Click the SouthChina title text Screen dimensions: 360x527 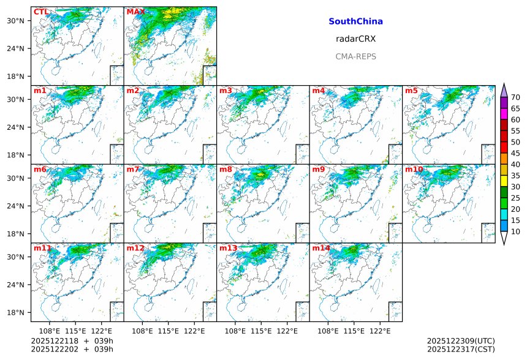pyautogui.click(x=355, y=21)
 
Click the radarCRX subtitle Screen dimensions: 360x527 pyautogui.click(x=355, y=39)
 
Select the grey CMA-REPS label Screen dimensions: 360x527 pyautogui.click(x=355, y=56)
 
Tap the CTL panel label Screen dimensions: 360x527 pyautogui.click(x=41, y=12)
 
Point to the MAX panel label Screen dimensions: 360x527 pyautogui.click(x=135, y=12)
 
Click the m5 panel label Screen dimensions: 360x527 pyautogui.click(x=411, y=91)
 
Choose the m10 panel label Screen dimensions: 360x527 pyautogui.click(x=414, y=169)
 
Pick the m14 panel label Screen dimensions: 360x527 pyautogui.click(x=321, y=248)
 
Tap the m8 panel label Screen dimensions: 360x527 pyautogui.click(x=226, y=169)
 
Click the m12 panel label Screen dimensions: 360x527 pyautogui.click(x=135, y=248)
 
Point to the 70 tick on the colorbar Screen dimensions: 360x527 pyautogui.click(x=515, y=97)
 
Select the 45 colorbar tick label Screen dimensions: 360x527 pyautogui.click(x=515, y=153)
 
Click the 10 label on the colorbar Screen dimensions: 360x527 pyautogui.click(x=515, y=231)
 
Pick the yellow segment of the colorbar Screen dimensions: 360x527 pyautogui.click(x=504, y=181)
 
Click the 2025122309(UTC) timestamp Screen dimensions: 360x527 pyautogui.click(x=460, y=340)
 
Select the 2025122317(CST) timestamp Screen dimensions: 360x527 pyautogui.click(x=460, y=349)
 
